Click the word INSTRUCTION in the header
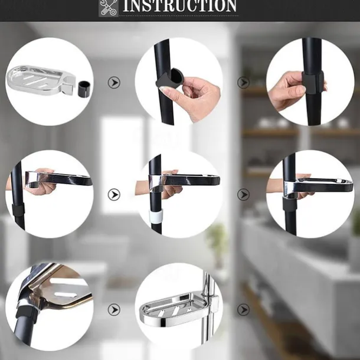[x=180, y=6]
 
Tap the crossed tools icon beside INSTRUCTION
[x=109, y=8]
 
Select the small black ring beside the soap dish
[x=85, y=88]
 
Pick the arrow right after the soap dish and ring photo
[x=114, y=83]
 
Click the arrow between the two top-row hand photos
[x=243, y=83]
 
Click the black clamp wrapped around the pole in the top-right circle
[x=313, y=82]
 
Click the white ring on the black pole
[x=157, y=216]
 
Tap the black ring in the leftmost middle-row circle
[x=18, y=210]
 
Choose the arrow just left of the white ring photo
[x=114, y=195]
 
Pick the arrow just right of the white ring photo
[x=243, y=195]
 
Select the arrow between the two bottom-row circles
[x=114, y=310]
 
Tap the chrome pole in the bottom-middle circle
[x=208, y=309]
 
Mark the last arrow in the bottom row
[x=243, y=310]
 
